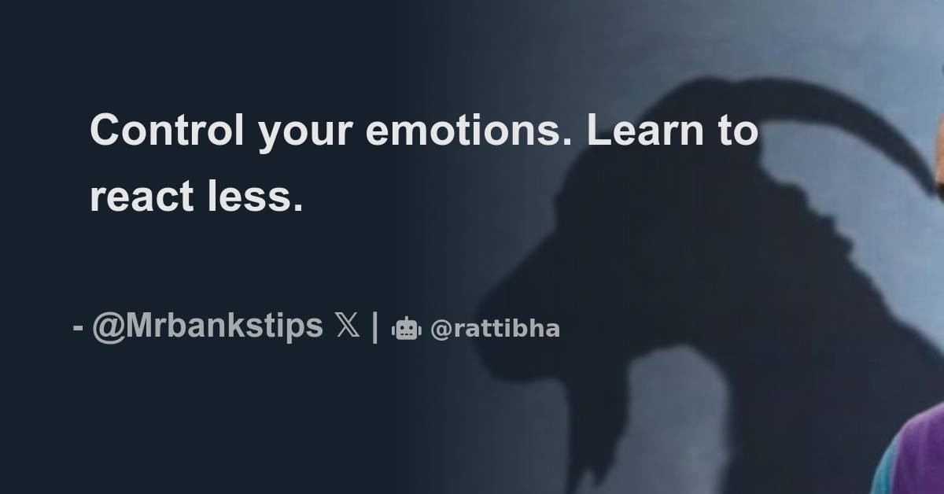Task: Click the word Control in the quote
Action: click(168, 131)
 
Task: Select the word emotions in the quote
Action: click(463, 131)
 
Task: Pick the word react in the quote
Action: click(142, 196)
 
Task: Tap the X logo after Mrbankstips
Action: click(347, 326)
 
